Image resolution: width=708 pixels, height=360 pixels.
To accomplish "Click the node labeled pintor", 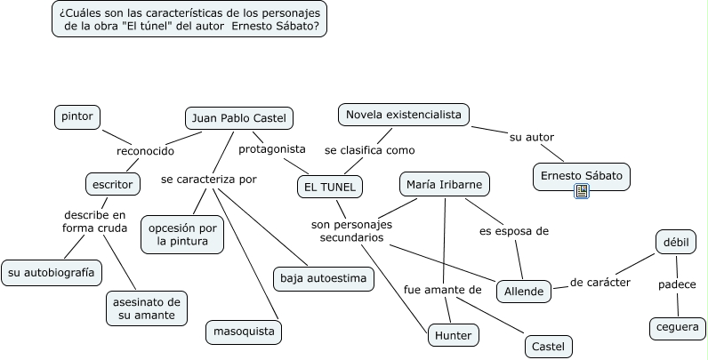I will click(x=76, y=116).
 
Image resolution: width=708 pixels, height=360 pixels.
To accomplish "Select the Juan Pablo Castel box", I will click(x=239, y=118).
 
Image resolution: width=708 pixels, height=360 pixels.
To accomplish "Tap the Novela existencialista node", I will click(x=404, y=115).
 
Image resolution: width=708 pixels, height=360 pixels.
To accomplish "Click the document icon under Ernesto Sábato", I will click(x=582, y=191).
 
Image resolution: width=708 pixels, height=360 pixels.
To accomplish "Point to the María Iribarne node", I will click(x=444, y=184).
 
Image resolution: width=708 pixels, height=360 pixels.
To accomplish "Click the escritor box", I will click(x=111, y=184).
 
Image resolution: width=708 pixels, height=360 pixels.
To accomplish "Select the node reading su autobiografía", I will click(x=51, y=272).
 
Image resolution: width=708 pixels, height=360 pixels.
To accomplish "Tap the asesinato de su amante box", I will click(x=146, y=307).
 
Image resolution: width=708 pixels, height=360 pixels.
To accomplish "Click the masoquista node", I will click(x=244, y=332).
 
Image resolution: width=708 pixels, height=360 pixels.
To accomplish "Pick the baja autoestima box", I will click(x=323, y=278).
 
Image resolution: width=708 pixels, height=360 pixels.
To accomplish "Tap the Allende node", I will click(x=524, y=291).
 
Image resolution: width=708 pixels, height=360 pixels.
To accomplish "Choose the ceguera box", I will click(x=677, y=328).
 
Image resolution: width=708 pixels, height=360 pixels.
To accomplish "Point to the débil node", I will click(x=676, y=241).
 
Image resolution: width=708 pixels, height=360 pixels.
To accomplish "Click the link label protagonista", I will click(x=272, y=148).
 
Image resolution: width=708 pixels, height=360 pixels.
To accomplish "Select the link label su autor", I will click(x=532, y=137).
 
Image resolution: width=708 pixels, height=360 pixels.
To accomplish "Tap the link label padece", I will click(x=677, y=284).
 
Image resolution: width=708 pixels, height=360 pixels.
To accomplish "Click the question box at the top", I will click(x=189, y=19).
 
